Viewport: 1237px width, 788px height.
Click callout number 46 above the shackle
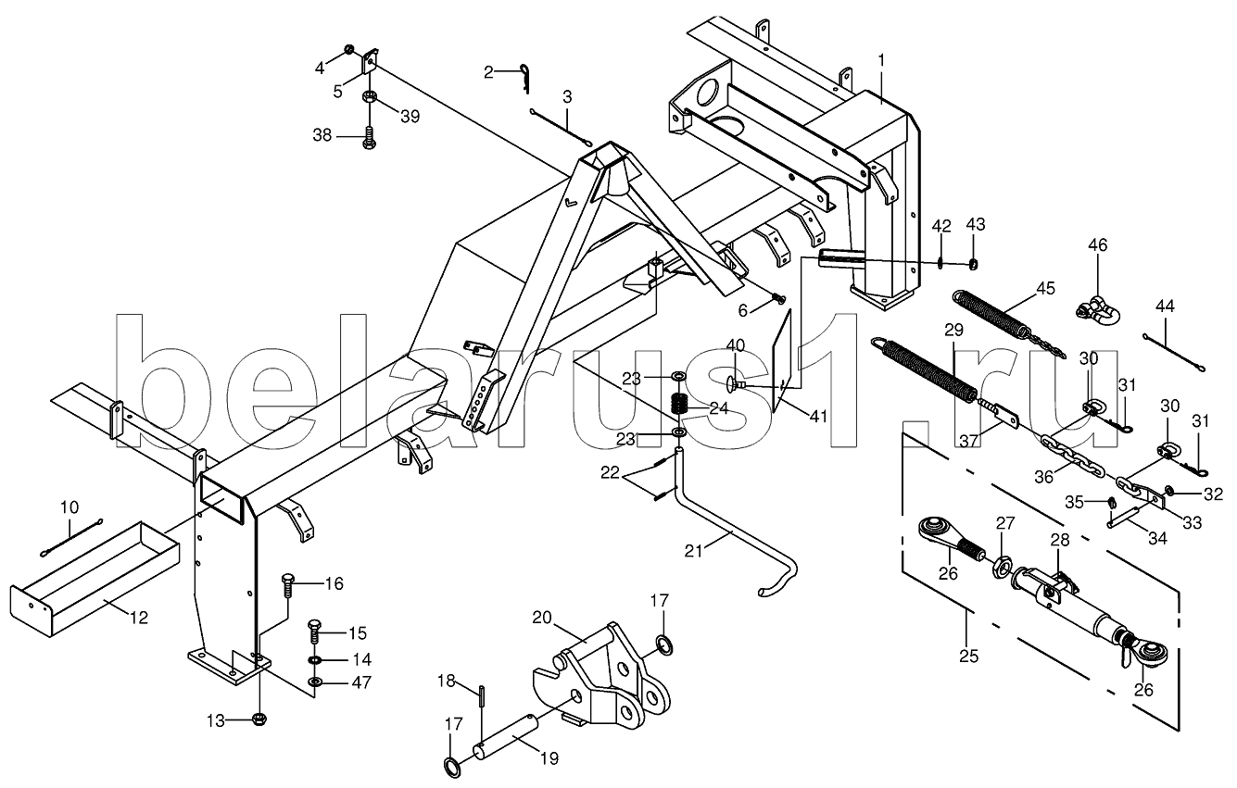click(x=1098, y=244)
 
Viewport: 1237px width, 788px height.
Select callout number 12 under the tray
click(x=139, y=618)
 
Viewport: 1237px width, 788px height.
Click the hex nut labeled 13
click(x=259, y=719)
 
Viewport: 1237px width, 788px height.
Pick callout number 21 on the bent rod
click(x=694, y=551)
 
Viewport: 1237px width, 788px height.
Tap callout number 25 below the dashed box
click(x=969, y=657)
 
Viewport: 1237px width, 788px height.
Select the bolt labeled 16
click(x=288, y=586)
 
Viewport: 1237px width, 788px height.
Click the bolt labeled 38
click(x=369, y=137)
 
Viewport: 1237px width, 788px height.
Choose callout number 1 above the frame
click(x=881, y=59)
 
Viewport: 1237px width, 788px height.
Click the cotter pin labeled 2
click(x=524, y=77)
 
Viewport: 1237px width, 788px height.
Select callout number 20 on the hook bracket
click(x=542, y=618)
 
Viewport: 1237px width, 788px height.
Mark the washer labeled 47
click(x=316, y=682)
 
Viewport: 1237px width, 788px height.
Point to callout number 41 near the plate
click(x=818, y=417)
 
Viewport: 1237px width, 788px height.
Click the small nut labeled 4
click(x=349, y=50)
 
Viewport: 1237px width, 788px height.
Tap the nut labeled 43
click(x=974, y=264)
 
